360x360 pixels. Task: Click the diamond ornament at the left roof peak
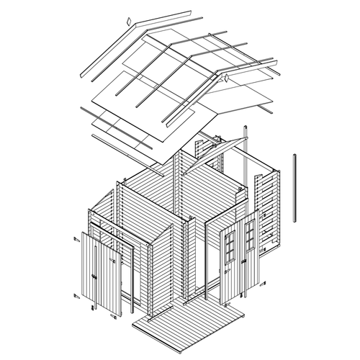[x=127, y=21]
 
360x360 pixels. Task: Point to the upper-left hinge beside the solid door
[x=76, y=238]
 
